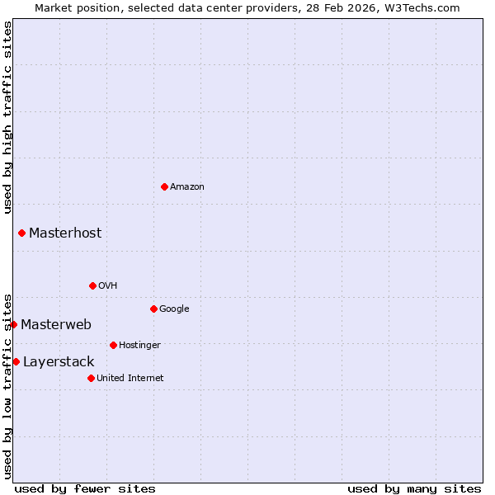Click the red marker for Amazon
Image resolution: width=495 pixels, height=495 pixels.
[x=164, y=186]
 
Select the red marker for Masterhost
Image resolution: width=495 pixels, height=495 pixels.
[x=21, y=233]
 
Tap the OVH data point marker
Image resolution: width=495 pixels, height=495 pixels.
[x=92, y=285]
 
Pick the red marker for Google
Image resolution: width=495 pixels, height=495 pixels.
[x=153, y=309]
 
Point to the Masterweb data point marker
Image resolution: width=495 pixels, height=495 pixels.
[x=13, y=324]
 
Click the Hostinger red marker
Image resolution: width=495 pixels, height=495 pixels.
[x=113, y=345]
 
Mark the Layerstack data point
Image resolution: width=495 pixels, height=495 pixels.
[x=16, y=361]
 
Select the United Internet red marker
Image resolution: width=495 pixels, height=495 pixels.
[x=91, y=378]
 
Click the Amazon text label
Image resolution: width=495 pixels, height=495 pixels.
[x=187, y=186]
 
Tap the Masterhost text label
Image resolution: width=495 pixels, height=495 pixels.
[x=65, y=233]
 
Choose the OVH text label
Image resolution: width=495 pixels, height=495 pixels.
[x=108, y=285]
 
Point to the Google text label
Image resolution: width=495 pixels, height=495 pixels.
[x=174, y=309]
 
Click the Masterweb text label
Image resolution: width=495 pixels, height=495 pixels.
[x=56, y=324]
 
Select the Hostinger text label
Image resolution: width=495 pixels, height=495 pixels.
[x=139, y=345]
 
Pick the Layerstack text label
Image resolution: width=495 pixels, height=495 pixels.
[x=59, y=361]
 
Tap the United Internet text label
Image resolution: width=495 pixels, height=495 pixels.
[x=130, y=378]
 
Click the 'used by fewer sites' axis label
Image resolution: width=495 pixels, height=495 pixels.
[x=85, y=488]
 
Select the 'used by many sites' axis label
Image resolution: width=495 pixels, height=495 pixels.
[x=414, y=488]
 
